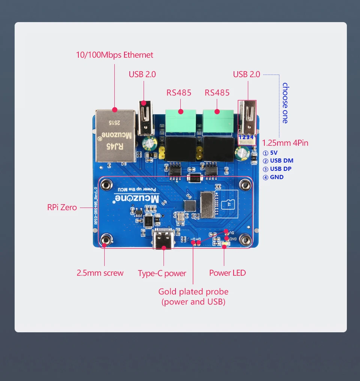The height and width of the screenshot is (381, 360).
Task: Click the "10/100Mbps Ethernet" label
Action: [x=114, y=55]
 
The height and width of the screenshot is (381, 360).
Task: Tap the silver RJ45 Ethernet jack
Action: [x=115, y=135]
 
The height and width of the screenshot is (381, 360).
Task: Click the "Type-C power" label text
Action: [x=162, y=273]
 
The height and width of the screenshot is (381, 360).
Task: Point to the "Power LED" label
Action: [x=227, y=273]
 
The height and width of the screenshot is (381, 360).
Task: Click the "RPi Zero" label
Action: [x=62, y=207]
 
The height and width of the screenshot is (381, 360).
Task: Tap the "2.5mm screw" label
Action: [x=100, y=273]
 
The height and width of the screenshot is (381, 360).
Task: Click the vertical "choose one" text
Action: [x=285, y=103]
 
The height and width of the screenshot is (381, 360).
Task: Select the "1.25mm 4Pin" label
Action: [x=285, y=143]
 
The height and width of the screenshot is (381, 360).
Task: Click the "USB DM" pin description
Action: [x=281, y=161]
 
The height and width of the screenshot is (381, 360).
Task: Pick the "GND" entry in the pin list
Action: [x=276, y=177]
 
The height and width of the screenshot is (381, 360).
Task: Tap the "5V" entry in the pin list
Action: [x=273, y=153]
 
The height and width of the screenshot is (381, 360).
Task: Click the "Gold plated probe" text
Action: [x=193, y=291]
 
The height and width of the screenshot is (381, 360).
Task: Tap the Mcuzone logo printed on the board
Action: [x=136, y=198]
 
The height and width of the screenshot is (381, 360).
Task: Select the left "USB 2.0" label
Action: [x=142, y=74]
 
